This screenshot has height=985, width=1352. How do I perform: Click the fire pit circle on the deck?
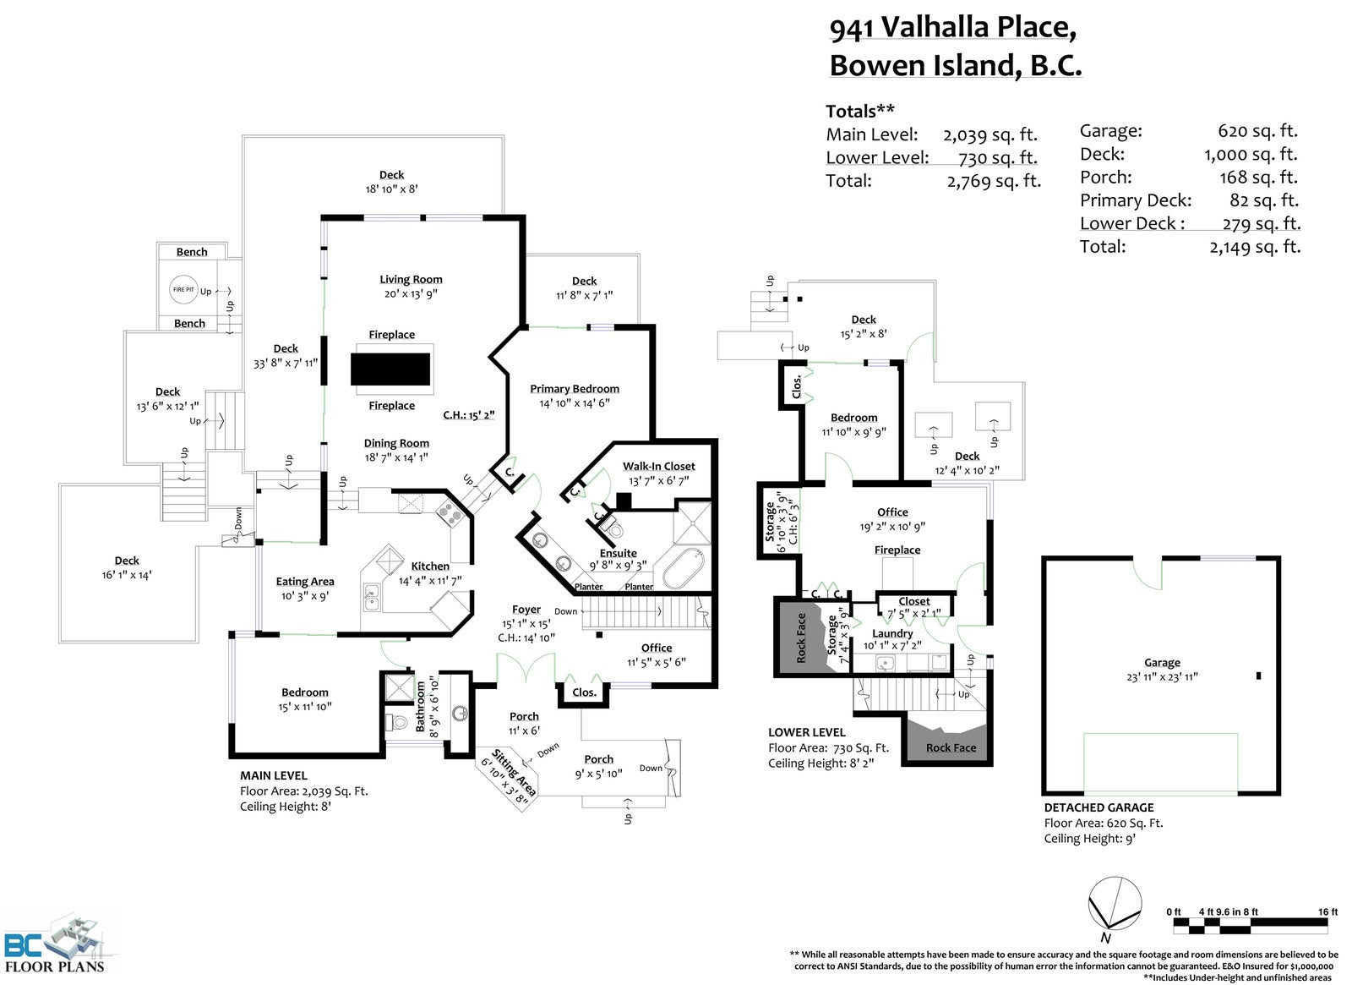point(183,290)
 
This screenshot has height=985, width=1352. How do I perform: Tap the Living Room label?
point(411,280)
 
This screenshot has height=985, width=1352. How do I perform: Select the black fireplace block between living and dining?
point(390,369)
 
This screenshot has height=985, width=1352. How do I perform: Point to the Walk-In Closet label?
point(658,466)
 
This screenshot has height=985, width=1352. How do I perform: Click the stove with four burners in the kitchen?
point(450,515)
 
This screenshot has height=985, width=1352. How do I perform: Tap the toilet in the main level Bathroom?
point(397,722)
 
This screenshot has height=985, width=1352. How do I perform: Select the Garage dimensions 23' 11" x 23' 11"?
point(1162,677)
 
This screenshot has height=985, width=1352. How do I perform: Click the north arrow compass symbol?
point(1115,904)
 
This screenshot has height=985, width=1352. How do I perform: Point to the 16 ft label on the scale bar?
point(1327,911)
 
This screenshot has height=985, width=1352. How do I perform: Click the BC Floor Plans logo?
point(55,945)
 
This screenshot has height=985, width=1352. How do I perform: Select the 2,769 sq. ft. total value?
point(994,181)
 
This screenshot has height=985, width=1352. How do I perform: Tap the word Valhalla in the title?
point(934,28)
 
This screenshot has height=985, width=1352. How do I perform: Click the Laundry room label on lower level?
point(892,633)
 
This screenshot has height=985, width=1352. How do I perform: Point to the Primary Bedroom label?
point(575,389)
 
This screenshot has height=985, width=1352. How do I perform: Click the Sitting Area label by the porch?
point(514,772)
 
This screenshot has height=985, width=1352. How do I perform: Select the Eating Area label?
point(305,582)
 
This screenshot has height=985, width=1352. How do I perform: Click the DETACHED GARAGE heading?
point(1099,807)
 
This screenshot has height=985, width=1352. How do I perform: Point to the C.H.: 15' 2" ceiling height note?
point(469,415)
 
